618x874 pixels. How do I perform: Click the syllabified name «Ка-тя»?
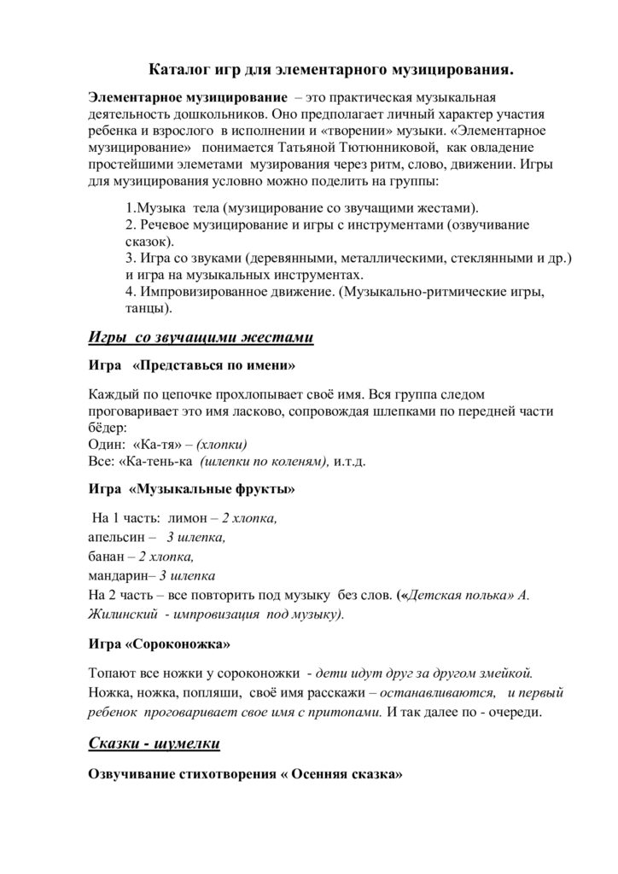point(160,445)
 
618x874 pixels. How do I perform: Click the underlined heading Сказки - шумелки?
point(154,744)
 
